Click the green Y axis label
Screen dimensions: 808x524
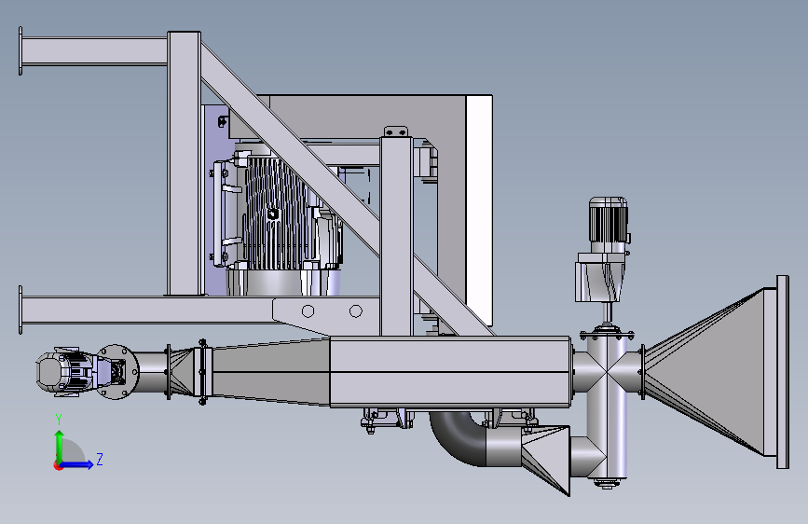pyautogui.click(x=59, y=420)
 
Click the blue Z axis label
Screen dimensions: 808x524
pyautogui.click(x=100, y=459)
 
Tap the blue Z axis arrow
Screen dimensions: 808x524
pyautogui.click(x=75, y=465)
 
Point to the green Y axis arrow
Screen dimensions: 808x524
pyautogui.click(x=60, y=448)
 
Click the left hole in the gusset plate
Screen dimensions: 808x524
pyautogui.click(x=308, y=311)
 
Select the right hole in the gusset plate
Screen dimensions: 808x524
pyautogui.click(x=356, y=311)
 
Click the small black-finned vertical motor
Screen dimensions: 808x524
pyautogui.click(x=608, y=220)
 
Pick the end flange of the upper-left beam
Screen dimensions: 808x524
pyautogui.click(x=21, y=51)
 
